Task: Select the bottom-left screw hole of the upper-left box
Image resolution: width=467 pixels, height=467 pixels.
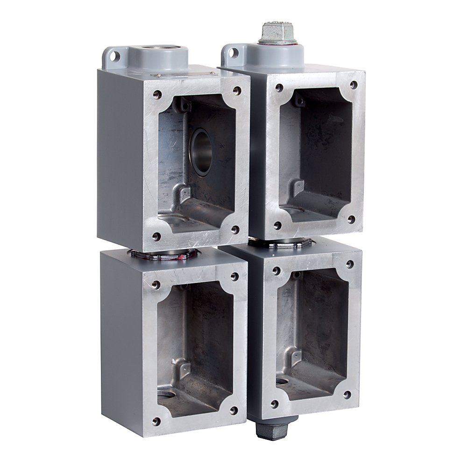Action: pyautogui.click(x=156, y=236)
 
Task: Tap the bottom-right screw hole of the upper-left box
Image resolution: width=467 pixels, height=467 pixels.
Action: pyautogui.click(x=235, y=229)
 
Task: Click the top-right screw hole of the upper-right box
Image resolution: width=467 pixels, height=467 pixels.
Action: pyautogui.click(x=354, y=85)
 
